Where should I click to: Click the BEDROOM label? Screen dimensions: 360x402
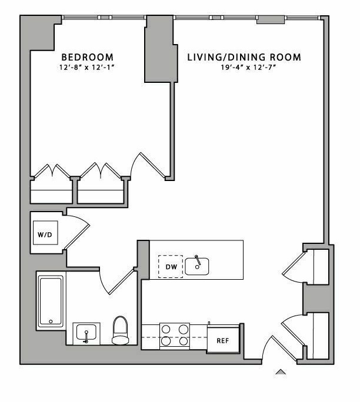tap(87, 56)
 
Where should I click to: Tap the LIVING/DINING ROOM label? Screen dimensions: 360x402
tap(244, 57)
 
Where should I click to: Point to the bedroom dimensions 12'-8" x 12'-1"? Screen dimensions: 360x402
tap(86, 68)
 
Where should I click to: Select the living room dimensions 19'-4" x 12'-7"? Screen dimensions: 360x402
tap(248, 68)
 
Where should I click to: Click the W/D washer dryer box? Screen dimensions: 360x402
tap(45, 233)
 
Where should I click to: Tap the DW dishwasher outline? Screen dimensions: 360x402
tap(171, 267)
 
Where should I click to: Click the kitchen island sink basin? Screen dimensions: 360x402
tap(197, 266)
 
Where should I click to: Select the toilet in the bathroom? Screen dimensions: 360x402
tap(121, 330)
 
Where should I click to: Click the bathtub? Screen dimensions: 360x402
tap(51, 301)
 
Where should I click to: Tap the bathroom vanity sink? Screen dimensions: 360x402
tap(86, 334)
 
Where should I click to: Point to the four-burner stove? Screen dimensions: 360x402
tap(175, 336)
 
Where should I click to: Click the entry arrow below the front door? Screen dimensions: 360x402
tap(281, 371)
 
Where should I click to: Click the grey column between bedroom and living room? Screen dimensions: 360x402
tap(161, 49)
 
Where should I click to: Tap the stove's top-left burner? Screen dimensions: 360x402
tap(166, 329)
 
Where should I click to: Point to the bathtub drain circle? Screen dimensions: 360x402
tap(51, 321)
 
